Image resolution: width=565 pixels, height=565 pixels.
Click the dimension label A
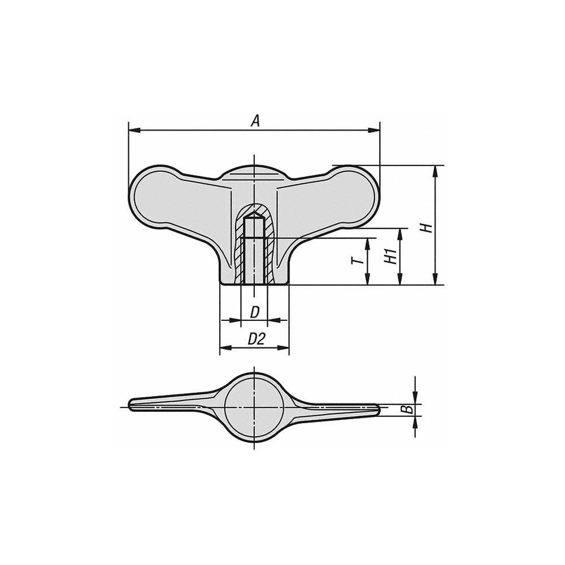point(255,120)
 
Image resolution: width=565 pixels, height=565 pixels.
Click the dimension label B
point(405,409)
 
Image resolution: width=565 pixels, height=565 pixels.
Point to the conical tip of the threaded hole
point(254,215)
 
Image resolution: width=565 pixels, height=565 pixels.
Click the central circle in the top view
point(254,406)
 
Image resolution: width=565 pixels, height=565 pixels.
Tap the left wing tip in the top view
point(134,405)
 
